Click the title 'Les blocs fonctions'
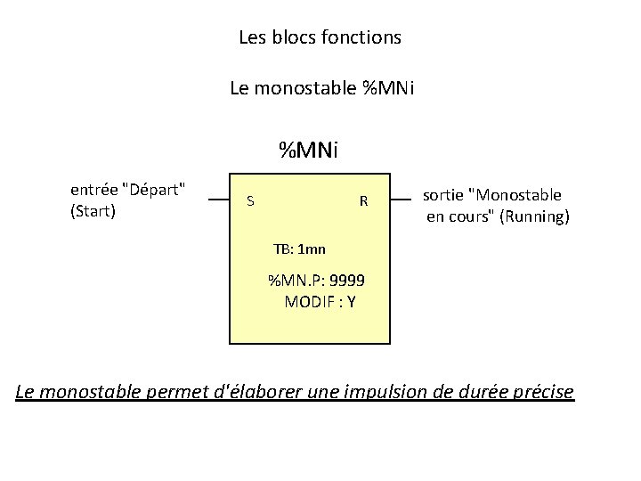tap(320, 38)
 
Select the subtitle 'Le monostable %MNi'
tap(320, 88)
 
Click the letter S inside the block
tap(250, 201)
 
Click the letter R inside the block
tap(363, 201)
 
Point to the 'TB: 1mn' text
tap(299, 249)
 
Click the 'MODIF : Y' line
tap(320, 302)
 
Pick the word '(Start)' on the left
tap(93, 211)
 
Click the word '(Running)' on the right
tap(535, 216)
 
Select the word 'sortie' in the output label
tap(442, 195)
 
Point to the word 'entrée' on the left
tap(93, 190)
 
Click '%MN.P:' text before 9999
tap(296, 281)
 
